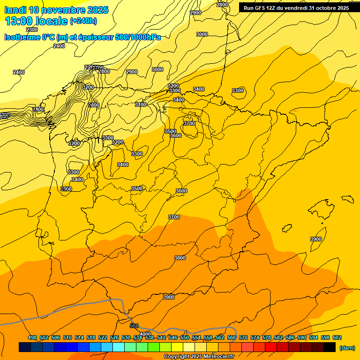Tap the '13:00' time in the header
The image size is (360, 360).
click(x=19, y=21)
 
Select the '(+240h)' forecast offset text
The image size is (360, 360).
click(x=83, y=21)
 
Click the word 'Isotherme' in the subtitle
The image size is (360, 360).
click(x=22, y=37)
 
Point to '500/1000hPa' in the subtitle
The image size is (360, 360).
click(x=138, y=37)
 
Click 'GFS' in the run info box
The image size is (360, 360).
click(x=261, y=8)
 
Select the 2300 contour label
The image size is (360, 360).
click(x=32, y=30)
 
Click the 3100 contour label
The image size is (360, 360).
click(x=141, y=105)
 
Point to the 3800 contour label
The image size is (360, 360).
click(x=180, y=258)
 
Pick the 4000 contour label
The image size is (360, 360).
click(x=145, y=334)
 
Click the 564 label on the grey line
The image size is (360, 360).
click(x=135, y=326)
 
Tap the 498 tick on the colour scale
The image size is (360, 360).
click(x=32, y=338)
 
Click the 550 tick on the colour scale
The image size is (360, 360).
click(x=184, y=338)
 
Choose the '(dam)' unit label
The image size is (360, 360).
click(x=347, y=348)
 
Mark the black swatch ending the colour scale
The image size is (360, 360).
click(x=330, y=347)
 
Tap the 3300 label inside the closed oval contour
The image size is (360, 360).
click(x=238, y=90)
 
